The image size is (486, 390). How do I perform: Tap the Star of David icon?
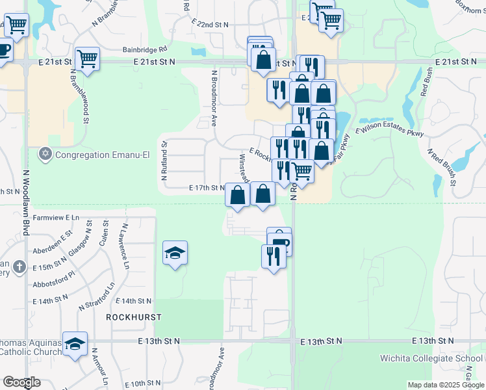click(x=45, y=154)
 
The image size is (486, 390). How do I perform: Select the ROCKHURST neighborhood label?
click(x=133, y=317)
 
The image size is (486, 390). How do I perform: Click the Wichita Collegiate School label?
click(x=432, y=359)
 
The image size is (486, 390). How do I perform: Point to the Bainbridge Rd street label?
click(x=145, y=48)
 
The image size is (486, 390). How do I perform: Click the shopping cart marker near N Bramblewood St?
click(x=87, y=58)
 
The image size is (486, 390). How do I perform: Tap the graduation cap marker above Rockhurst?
click(x=175, y=252)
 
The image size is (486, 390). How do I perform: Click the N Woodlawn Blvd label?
click(x=27, y=203)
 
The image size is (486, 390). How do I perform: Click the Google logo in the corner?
click(x=21, y=382)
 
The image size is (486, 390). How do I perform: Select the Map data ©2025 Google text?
click(x=446, y=385)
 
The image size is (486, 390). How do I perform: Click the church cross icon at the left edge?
click(x=19, y=266)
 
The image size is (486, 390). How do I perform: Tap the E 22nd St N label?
click(x=211, y=24)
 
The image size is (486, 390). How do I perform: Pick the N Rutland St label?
click(x=164, y=161)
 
